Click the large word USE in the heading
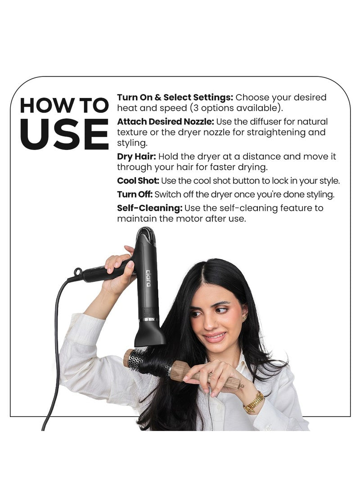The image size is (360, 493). tap(64, 134)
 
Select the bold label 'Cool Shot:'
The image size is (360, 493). tap(138, 181)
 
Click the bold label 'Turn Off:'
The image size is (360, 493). tap(135, 194)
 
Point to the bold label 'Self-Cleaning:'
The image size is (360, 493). tap(150, 208)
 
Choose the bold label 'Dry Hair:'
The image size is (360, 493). tap(136, 157)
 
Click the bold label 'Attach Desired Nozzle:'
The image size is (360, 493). tap(166, 122)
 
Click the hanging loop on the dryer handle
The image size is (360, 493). tap(78, 272)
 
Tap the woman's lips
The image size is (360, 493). tap(215, 337)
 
